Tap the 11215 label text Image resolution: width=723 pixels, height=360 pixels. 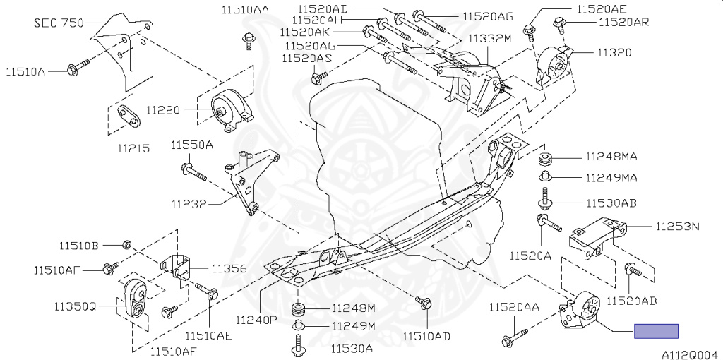point(133,149)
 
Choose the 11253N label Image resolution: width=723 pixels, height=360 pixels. point(676,227)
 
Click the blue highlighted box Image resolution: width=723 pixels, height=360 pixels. point(656,331)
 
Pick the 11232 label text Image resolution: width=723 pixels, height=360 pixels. point(189,205)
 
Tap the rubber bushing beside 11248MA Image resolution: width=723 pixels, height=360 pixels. point(545,157)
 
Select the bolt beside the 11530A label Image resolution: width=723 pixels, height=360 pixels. point(297,347)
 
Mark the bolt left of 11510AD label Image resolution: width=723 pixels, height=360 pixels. point(424,304)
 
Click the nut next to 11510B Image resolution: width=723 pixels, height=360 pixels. point(126,245)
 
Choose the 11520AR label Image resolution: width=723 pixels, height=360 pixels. point(623,23)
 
